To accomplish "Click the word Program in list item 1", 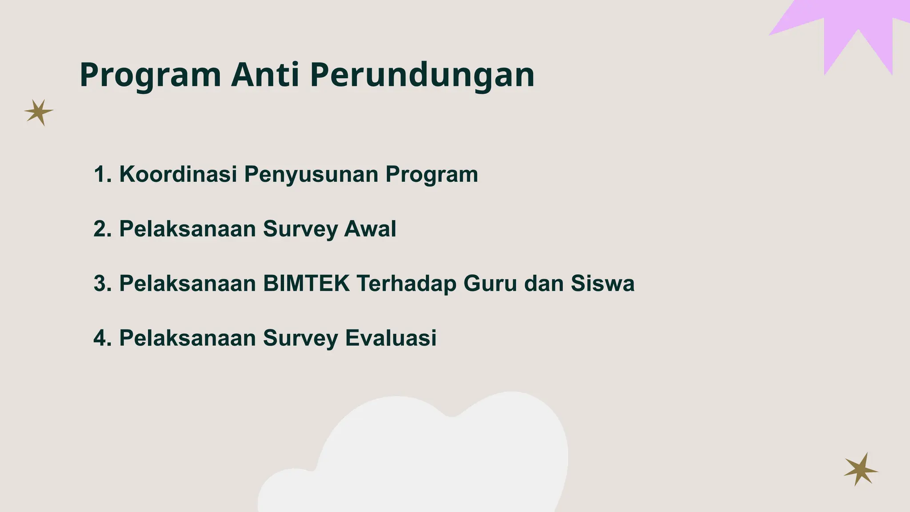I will [x=431, y=175].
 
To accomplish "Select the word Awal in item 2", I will [x=370, y=229].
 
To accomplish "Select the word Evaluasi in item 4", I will [x=391, y=338].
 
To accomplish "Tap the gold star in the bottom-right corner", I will [x=860, y=470].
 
